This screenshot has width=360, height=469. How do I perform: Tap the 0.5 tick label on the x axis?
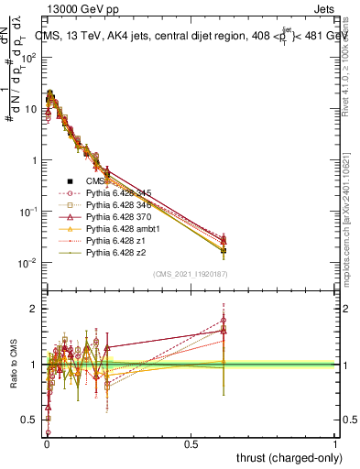point(191,442)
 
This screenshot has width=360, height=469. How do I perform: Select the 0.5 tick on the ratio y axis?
point(30,420)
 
